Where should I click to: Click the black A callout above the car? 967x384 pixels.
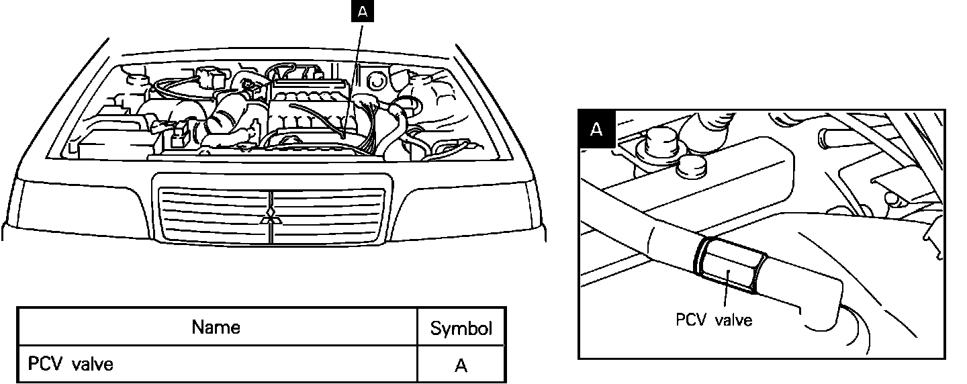362,11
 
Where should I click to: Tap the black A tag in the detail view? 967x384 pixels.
596,129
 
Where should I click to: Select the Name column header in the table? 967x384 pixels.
216,327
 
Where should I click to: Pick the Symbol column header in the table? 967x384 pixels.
461,328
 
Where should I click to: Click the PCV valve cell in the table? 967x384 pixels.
71,364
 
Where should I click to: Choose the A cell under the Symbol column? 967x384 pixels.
461,365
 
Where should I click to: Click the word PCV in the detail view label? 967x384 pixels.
691,320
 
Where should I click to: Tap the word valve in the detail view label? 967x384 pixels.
733,320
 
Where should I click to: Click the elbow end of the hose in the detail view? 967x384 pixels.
819,305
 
